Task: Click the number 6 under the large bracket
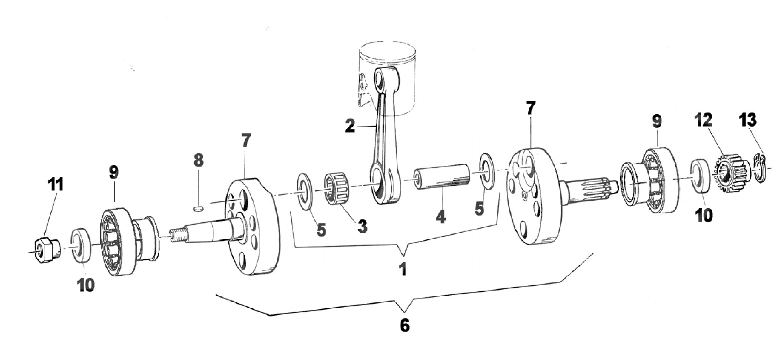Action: (x=404, y=325)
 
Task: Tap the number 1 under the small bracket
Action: (x=402, y=269)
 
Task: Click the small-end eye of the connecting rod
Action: (x=382, y=78)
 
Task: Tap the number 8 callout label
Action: (x=198, y=160)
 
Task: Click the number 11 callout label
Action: (x=56, y=185)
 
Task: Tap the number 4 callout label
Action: (x=441, y=216)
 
